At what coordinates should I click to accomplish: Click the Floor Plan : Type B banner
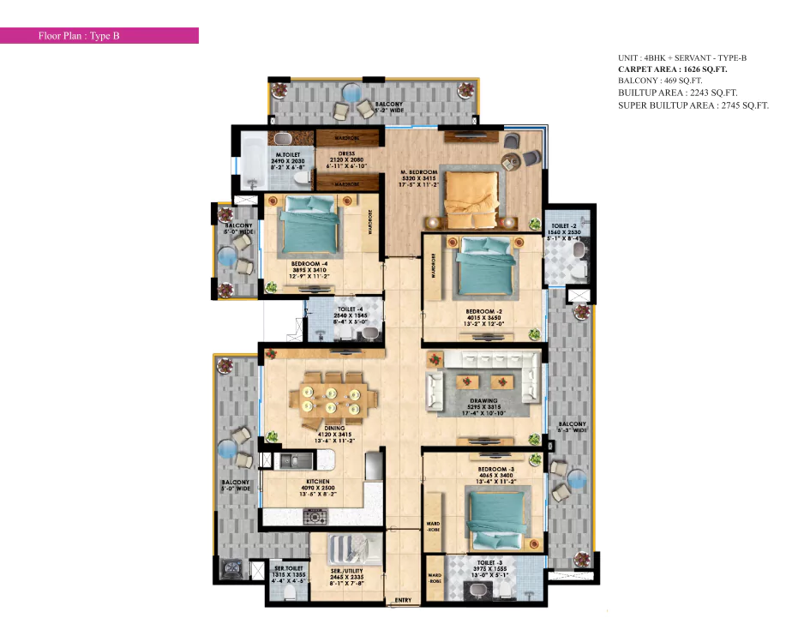99,36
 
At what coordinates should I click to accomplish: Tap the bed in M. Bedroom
471,191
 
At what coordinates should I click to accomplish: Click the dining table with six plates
333,399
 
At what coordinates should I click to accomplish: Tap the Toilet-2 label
563,225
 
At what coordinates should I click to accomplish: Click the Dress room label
346,154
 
